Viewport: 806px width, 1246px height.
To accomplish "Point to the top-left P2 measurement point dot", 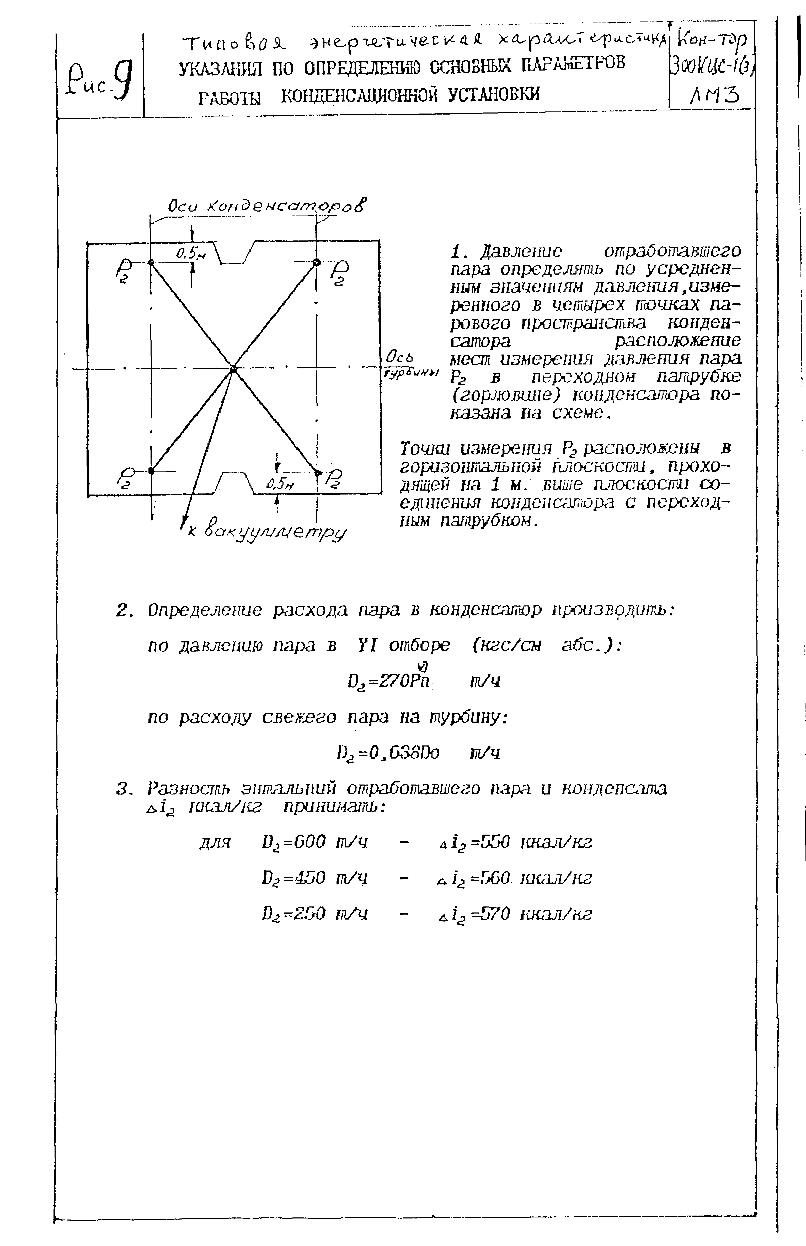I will click(x=151, y=263).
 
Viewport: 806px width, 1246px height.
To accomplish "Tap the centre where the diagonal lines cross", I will click(x=233, y=369).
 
